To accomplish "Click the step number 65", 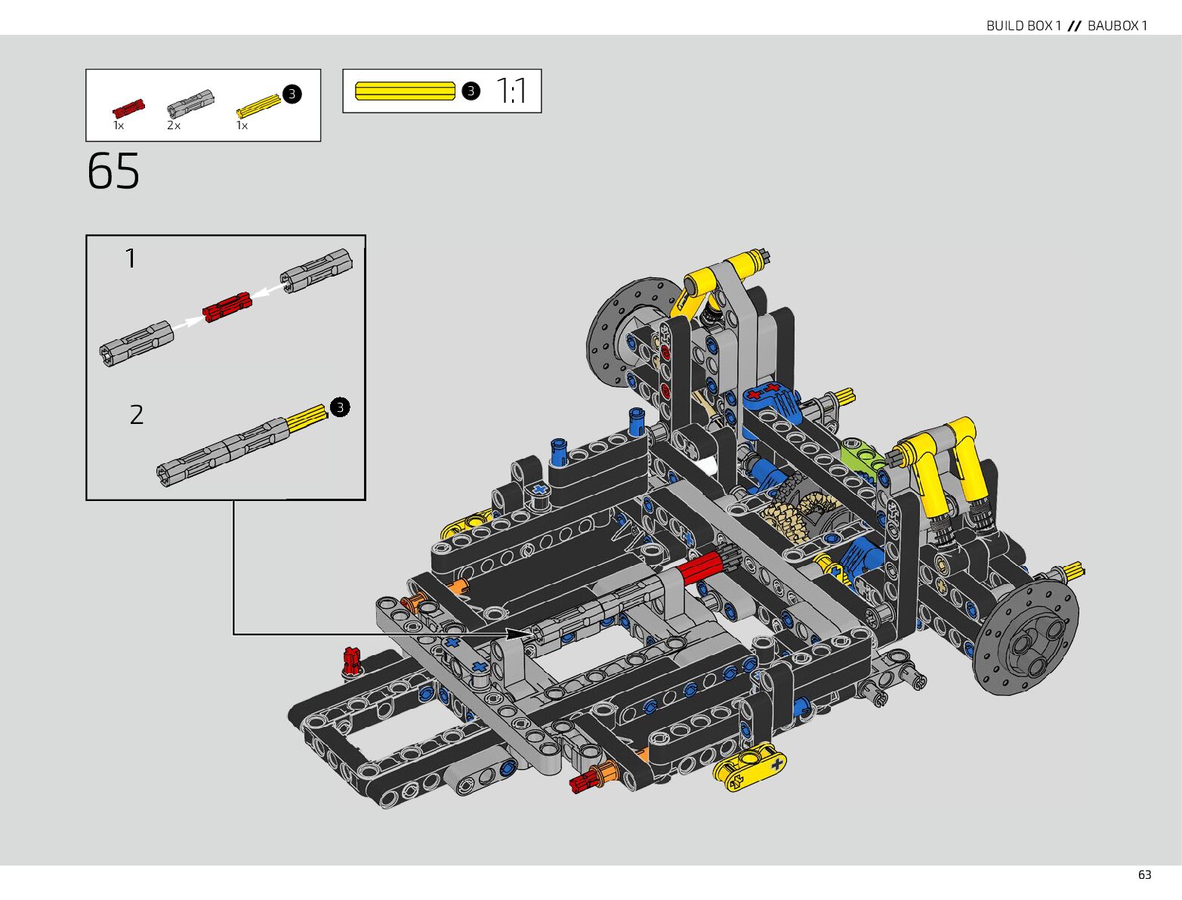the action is [113, 171].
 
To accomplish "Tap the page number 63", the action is [1144, 875].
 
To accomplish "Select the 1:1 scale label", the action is [511, 91].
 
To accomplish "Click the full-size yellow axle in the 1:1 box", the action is [405, 91].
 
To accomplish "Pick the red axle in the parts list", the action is [128, 108].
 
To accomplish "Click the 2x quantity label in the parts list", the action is [174, 125].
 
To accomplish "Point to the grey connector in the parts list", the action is [190, 104].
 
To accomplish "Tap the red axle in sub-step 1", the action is [227, 307].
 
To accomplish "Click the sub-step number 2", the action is [137, 415].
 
